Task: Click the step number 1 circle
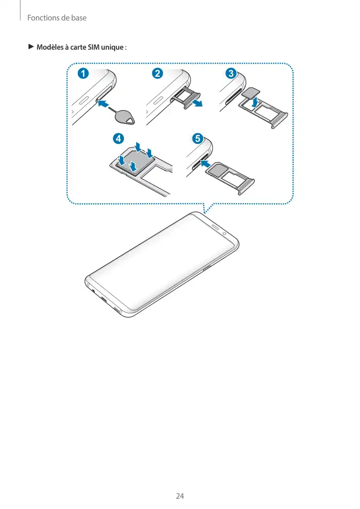tap(83, 73)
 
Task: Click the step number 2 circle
tap(157, 73)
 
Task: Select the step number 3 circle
tap(231, 73)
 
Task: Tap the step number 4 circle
tap(118, 139)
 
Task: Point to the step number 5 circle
tap(198, 139)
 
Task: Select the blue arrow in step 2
tap(197, 103)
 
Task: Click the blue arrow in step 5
tap(206, 163)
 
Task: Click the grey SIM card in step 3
tap(251, 93)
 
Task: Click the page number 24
tap(180, 496)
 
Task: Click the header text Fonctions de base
tap(57, 18)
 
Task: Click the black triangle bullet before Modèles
tap(31, 47)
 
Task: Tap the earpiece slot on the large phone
tap(216, 226)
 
